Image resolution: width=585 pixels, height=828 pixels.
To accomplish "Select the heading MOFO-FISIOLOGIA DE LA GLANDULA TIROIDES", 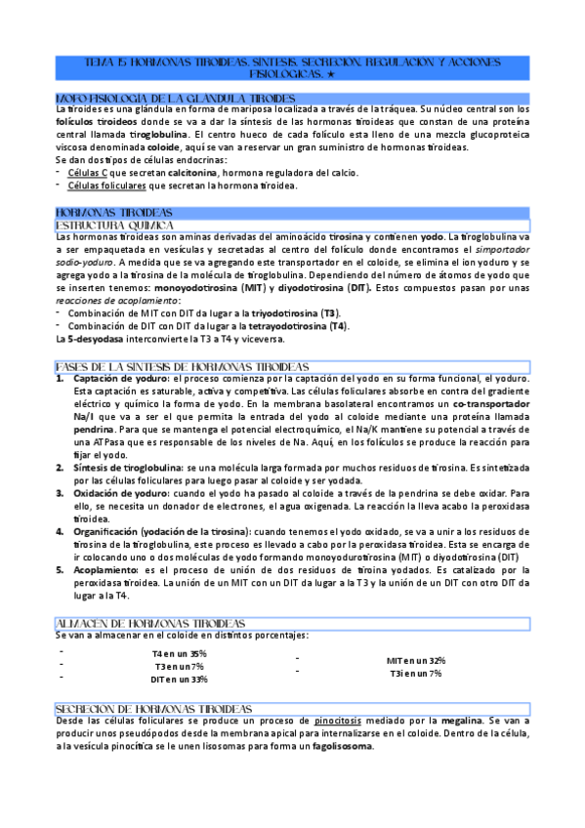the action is click(x=176, y=99).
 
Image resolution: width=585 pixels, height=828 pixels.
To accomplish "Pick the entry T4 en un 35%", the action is click(x=179, y=653).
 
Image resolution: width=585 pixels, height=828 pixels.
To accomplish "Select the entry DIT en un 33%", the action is click(x=179, y=679).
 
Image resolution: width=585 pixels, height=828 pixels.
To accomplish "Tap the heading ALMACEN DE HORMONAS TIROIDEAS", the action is click(x=149, y=623).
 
